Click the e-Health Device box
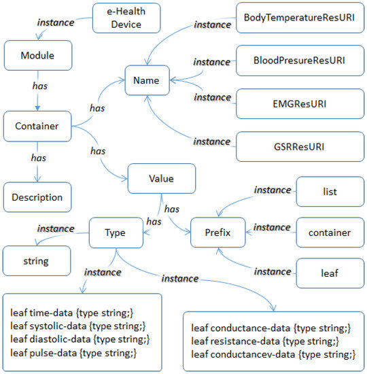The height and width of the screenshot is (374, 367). [x=127, y=18]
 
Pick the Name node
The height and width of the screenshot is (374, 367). [x=146, y=80]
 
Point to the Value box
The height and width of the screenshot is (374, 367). [x=161, y=180]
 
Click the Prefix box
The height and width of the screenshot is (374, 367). [x=220, y=233]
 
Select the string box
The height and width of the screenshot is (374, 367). [x=35, y=260]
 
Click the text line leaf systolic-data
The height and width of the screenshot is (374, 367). [x=78, y=326]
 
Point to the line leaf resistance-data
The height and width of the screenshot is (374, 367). [x=264, y=340]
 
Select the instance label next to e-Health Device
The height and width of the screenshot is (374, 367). [x=55, y=22]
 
